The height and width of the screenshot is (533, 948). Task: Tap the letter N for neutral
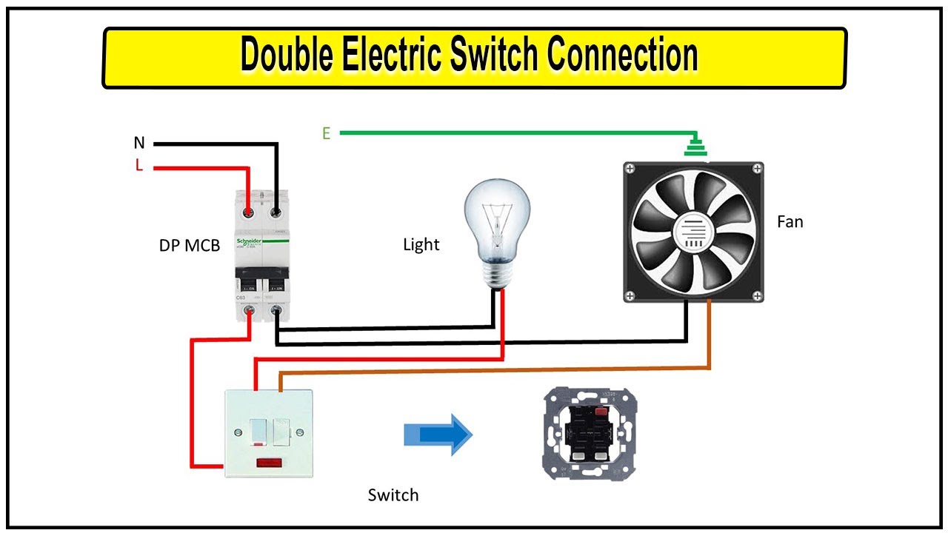pos(139,143)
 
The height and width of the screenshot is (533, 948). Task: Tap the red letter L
pos(139,165)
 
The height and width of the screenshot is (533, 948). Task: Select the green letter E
pos(326,133)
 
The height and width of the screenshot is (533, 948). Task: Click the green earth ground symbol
pos(694,147)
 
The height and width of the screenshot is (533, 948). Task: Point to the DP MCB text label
pos(190,245)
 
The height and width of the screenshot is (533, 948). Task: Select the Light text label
pos(421,244)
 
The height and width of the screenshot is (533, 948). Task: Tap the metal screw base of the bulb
pos(497,277)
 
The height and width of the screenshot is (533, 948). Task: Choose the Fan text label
pos(790,221)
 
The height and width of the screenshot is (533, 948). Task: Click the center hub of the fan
pos(694,232)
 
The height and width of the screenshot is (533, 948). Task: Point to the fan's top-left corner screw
pos(630,170)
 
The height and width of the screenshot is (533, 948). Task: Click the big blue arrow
pos(438,435)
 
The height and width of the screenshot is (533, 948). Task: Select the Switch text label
pos(393,495)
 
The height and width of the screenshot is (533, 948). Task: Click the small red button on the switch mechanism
pos(602,411)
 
